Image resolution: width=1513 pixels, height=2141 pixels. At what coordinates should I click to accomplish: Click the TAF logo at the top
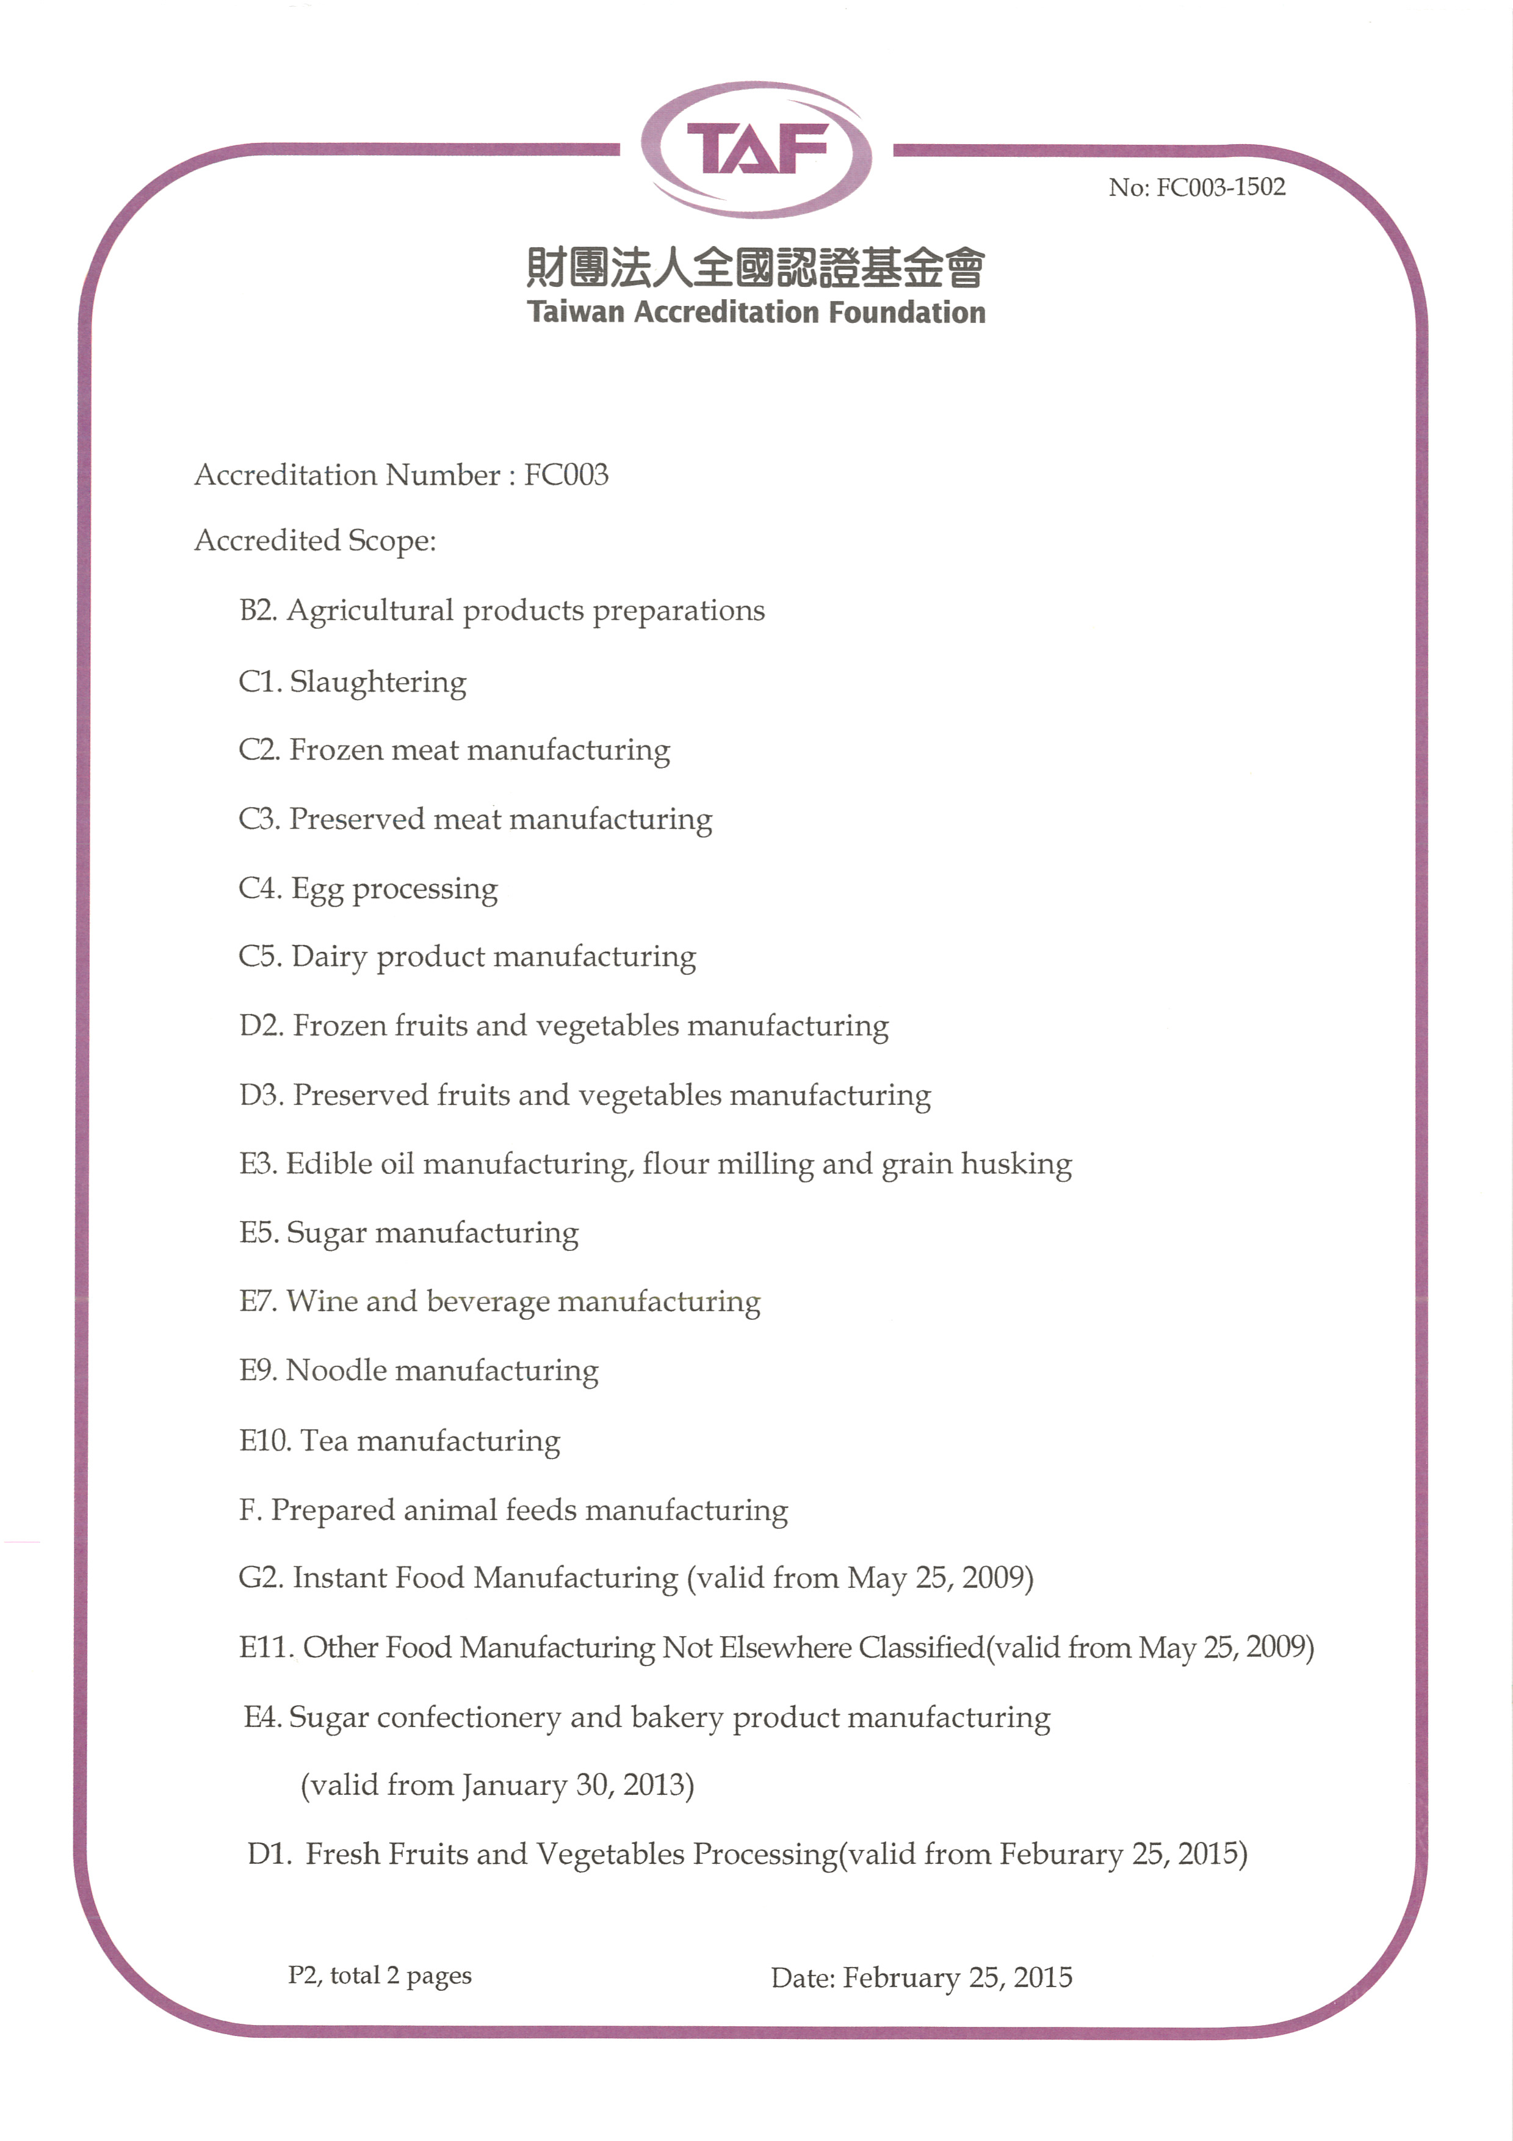point(756,149)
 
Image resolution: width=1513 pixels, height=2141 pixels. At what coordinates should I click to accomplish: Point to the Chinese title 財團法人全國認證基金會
point(756,267)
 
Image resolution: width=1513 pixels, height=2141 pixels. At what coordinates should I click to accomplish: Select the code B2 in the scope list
point(258,610)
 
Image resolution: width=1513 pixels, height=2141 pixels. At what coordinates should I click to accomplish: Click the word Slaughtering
point(378,683)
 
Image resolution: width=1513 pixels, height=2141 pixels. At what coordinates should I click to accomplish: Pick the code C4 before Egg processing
point(259,888)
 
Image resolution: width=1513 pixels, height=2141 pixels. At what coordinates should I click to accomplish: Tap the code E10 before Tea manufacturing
point(265,1441)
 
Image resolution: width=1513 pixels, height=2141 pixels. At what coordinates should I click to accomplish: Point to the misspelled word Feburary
point(1061,1855)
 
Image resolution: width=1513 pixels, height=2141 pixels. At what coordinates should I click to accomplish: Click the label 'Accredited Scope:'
point(315,541)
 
